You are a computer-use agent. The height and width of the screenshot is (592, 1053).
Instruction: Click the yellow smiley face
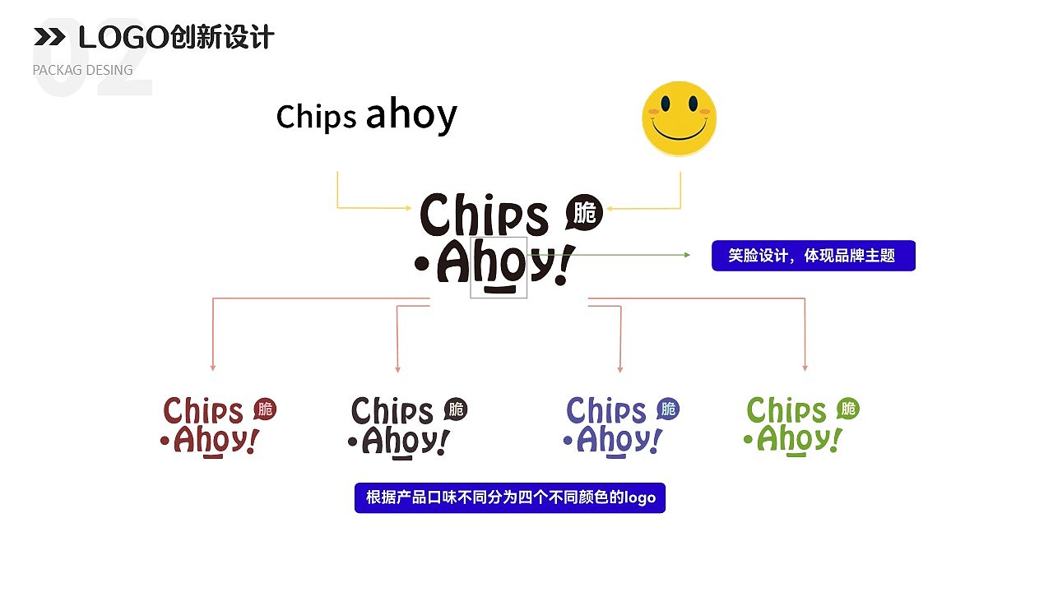tap(680, 118)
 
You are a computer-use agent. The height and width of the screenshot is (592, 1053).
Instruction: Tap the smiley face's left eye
tap(666, 103)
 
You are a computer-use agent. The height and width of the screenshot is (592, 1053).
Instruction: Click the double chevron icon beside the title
tap(49, 37)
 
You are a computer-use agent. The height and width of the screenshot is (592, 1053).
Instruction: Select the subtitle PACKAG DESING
tap(83, 70)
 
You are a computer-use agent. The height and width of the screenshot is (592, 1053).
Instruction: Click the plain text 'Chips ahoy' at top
tap(366, 115)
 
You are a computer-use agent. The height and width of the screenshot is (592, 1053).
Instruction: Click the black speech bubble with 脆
tap(584, 212)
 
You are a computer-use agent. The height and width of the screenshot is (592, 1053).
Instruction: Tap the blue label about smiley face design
tap(814, 256)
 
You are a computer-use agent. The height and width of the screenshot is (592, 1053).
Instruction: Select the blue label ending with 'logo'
tap(510, 497)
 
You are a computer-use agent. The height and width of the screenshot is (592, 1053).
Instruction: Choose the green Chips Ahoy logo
tap(801, 426)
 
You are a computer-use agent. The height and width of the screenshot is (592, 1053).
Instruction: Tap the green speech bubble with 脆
tap(848, 409)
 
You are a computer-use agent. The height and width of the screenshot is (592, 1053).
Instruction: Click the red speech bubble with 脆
tap(265, 409)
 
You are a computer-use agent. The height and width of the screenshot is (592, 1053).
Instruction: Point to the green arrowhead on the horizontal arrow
tap(687, 255)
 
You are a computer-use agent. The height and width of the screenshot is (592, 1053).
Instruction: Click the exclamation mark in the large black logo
tap(564, 265)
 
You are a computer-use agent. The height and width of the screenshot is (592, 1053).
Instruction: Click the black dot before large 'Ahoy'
tap(422, 264)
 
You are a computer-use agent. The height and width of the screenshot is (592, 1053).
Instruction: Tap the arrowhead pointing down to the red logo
tap(213, 368)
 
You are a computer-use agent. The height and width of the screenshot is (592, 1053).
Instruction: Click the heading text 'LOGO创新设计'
tap(176, 37)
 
